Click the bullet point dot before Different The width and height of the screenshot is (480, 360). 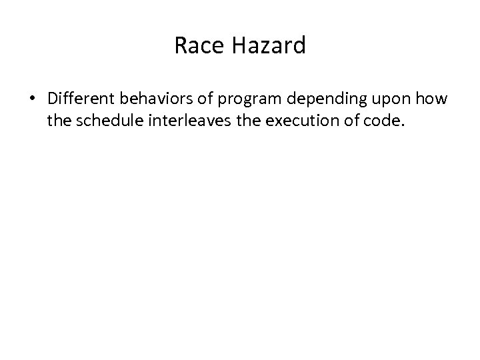[x=33, y=101]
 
